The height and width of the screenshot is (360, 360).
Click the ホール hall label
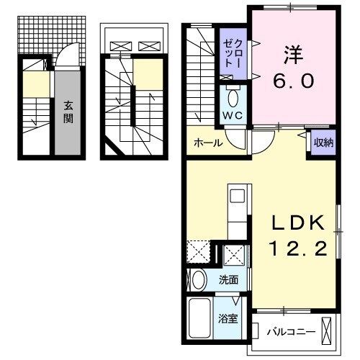207,143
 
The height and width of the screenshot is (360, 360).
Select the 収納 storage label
320,141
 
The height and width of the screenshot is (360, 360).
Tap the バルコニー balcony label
287,332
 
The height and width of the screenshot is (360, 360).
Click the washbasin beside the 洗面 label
197,279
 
